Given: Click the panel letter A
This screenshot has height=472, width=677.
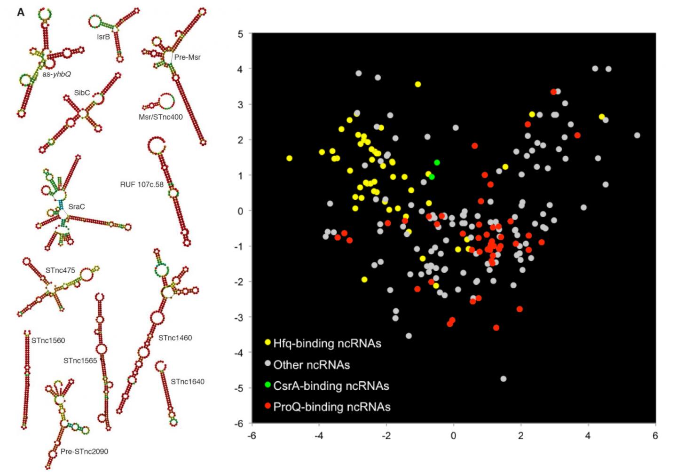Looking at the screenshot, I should click(x=21, y=13).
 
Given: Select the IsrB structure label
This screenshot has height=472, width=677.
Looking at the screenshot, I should click(x=103, y=37).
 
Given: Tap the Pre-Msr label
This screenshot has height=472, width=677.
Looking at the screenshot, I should click(x=187, y=57).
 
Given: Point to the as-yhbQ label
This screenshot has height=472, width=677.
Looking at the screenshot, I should click(x=56, y=74).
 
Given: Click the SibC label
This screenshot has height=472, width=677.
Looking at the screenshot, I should click(x=82, y=93).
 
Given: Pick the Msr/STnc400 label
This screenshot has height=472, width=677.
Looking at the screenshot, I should click(x=160, y=117).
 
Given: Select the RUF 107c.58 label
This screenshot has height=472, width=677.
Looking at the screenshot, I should click(x=142, y=185).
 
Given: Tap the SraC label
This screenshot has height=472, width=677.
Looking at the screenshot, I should click(x=77, y=207).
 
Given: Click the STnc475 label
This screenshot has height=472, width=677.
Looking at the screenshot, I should click(x=60, y=270).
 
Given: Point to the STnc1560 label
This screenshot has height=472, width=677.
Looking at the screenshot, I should click(x=48, y=340).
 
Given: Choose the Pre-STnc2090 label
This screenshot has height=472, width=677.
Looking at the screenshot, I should click(x=84, y=452).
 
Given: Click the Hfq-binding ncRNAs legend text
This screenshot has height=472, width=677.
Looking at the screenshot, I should click(x=327, y=344).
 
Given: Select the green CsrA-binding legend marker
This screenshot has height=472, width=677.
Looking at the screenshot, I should click(x=268, y=385).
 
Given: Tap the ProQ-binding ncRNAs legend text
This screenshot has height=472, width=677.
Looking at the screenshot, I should click(x=331, y=407).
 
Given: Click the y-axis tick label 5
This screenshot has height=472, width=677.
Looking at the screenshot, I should click(x=241, y=34).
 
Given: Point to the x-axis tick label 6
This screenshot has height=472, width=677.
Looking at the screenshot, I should click(x=655, y=436).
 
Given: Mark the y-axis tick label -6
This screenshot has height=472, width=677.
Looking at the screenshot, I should click(x=239, y=424).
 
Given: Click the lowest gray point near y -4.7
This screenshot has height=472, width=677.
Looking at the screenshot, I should click(x=504, y=379).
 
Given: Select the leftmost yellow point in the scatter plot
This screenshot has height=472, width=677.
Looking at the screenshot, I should click(x=289, y=158).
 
